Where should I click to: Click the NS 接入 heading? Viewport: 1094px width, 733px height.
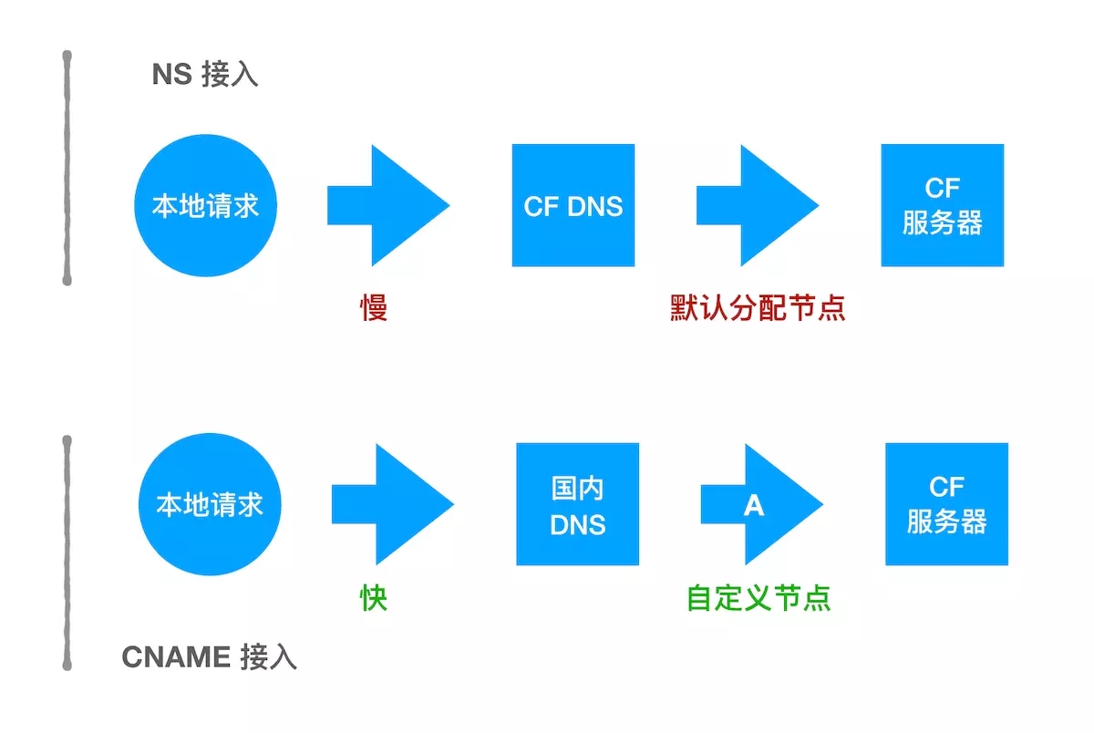click(x=205, y=74)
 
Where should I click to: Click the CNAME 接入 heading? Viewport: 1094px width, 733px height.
click(x=209, y=657)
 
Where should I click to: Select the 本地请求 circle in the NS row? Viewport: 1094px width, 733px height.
click(x=205, y=205)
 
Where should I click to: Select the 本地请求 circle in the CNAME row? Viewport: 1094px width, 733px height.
click(x=210, y=504)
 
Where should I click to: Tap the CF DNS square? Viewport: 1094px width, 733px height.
click(x=573, y=205)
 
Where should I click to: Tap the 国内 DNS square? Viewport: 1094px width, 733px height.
click(x=577, y=504)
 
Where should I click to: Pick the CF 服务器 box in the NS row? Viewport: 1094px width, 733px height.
click(x=942, y=205)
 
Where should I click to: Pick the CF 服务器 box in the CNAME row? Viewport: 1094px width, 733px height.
click(x=946, y=504)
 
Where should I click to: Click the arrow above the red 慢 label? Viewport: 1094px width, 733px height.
click(x=387, y=205)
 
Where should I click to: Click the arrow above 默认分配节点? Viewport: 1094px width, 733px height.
click(x=757, y=205)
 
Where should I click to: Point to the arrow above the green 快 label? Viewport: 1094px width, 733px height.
click(x=392, y=504)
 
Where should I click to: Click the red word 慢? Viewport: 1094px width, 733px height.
click(x=374, y=308)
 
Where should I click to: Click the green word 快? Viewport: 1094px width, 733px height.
click(x=374, y=598)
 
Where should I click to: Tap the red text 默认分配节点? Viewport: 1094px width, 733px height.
click(x=758, y=308)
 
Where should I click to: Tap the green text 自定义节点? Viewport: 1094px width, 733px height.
click(x=759, y=598)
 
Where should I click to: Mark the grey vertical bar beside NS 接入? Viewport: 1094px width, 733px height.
click(x=67, y=169)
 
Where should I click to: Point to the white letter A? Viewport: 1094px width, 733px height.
click(x=753, y=505)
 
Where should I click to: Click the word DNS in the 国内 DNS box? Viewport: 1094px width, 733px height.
click(x=578, y=524)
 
